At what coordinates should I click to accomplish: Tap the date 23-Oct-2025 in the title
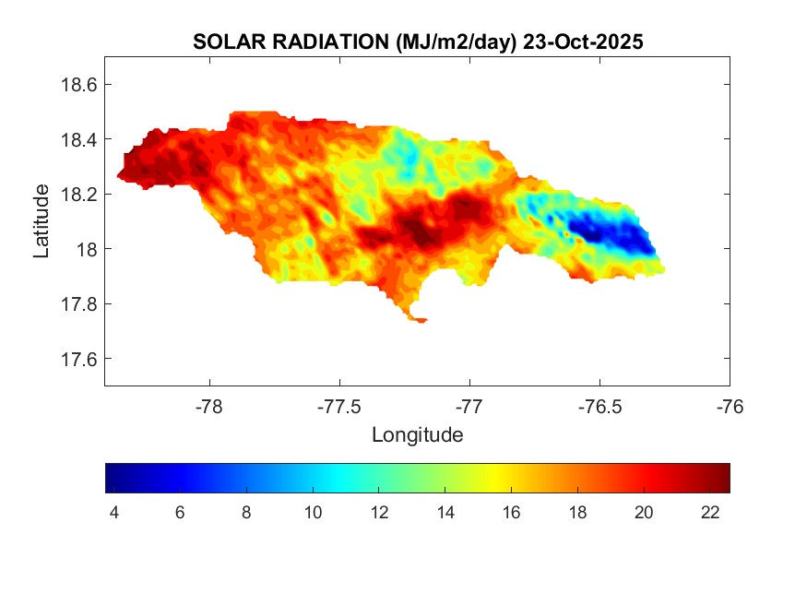[582, 42]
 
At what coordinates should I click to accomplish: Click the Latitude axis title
[42, 221]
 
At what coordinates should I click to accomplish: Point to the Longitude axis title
[417, 434]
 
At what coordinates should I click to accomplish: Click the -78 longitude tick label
[210, 406]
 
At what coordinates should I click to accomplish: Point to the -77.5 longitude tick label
[340, 406]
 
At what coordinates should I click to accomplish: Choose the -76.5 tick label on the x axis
[600, 406]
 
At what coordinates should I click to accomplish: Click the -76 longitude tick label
[730, 406]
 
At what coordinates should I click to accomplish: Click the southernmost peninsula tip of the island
[420, 320]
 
